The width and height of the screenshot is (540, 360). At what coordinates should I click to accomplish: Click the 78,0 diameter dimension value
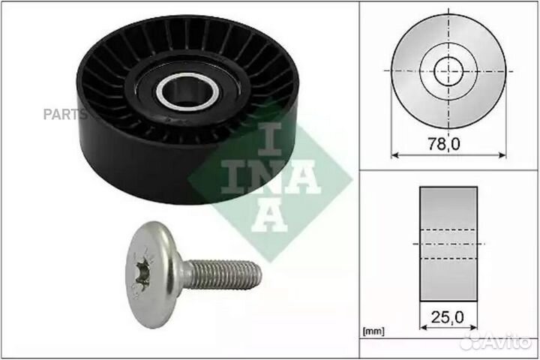point(448,143)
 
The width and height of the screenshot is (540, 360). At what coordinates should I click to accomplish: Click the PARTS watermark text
point(64,115)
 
